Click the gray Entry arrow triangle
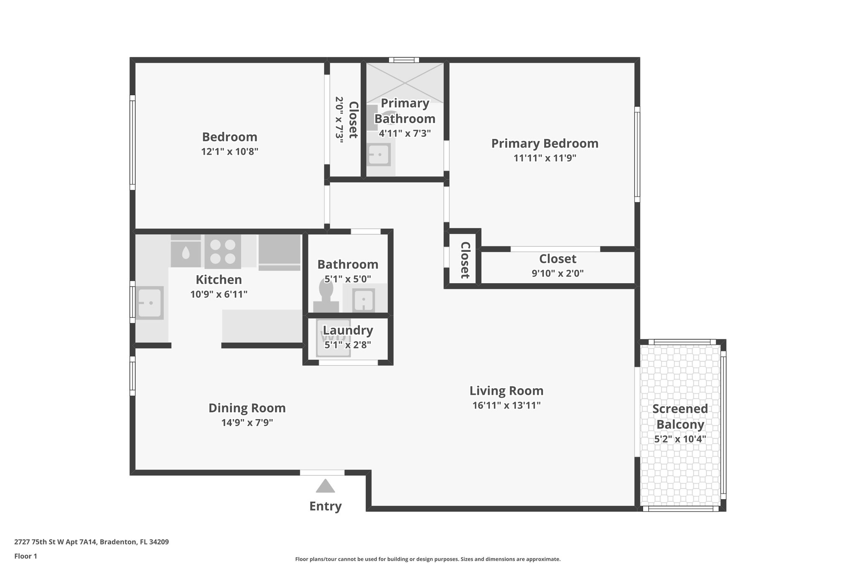[x=325, y=486]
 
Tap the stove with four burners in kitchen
[x=222, y=251]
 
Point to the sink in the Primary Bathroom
[x=379, y=155]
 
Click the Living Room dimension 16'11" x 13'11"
[x=507, y=405]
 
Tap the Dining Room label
[x=247, y=408]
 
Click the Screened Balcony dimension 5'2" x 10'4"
[x=680, y=439]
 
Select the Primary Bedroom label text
[x=545, y=143]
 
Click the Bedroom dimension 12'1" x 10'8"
[x=229, y=151]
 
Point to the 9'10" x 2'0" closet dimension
[x=558, y=274]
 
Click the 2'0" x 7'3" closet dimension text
[x=339, y=120]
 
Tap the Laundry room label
[x=348, y=330]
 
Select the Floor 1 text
[x=25, y=556]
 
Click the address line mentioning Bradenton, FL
[x=92, y=542]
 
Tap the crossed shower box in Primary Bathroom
[x=405, y=82]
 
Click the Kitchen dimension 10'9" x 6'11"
[x=219, y=294]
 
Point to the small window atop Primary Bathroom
[x=404, y=60]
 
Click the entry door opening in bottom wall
[x=322, y=473]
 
